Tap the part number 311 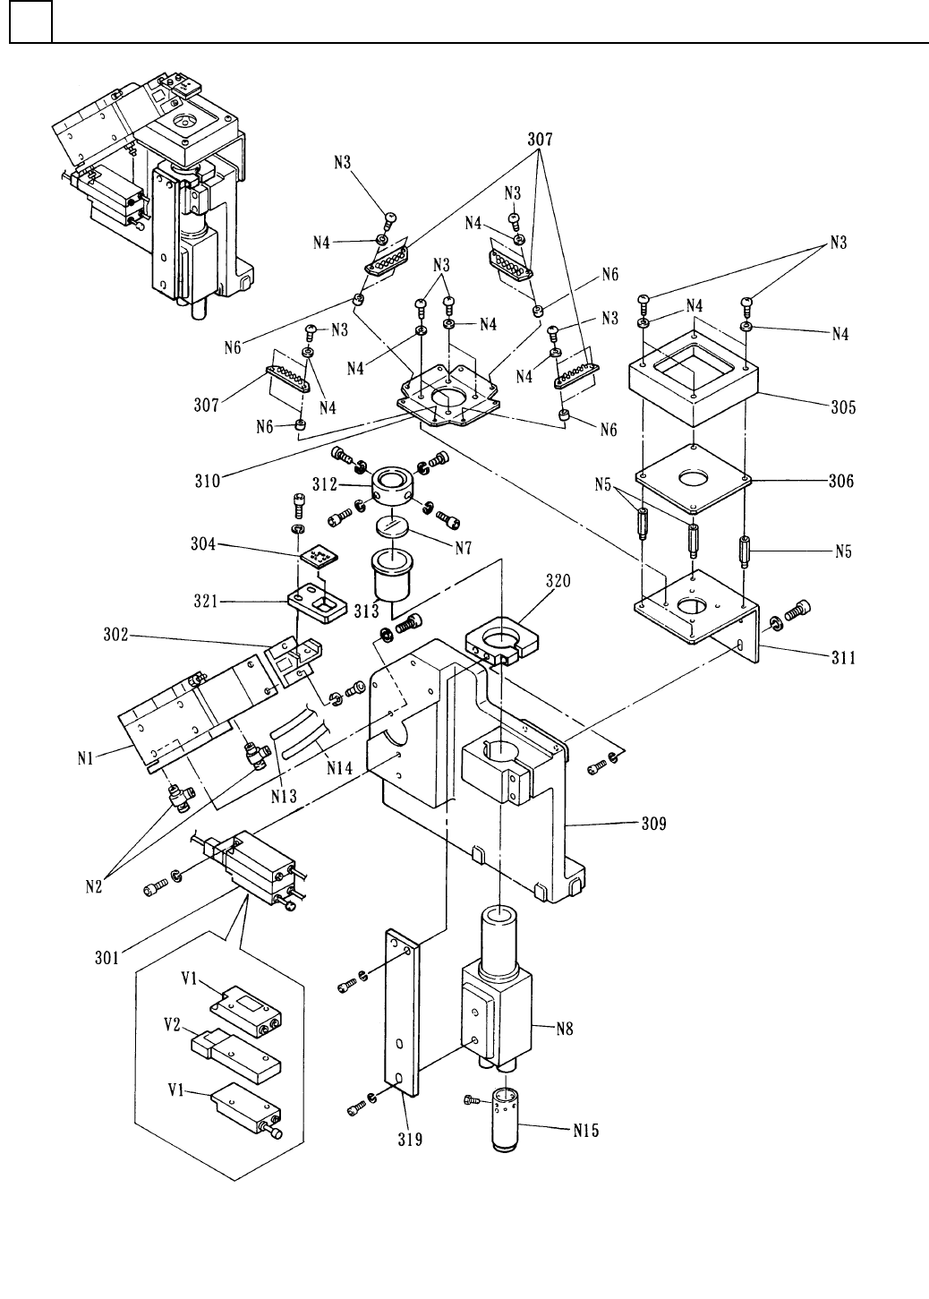[x=841, y=659]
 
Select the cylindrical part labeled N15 [x=506, y=1117]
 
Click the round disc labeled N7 [x=395, y=526]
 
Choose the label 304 [x=204, y=543]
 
